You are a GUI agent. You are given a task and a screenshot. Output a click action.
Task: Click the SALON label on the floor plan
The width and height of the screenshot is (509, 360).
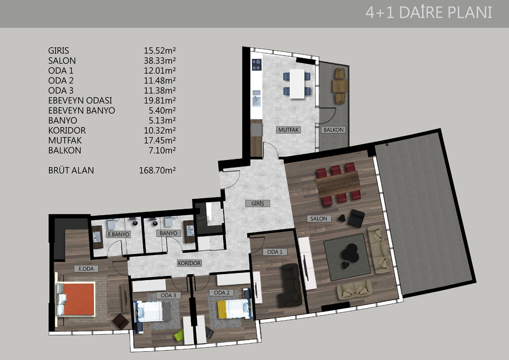(x=319, y=219)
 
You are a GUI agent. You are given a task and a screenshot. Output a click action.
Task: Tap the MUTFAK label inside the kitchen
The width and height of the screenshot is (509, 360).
(x=288, y=130)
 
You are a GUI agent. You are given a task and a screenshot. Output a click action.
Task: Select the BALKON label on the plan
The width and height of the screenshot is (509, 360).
(x=334, y=130)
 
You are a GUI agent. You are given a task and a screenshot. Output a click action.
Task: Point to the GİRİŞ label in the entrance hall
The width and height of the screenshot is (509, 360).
(x=257, y=203)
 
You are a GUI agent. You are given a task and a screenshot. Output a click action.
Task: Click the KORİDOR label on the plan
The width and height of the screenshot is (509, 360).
(x=189, y=263)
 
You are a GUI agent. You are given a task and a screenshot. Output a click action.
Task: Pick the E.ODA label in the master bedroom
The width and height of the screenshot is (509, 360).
(x=86, y=269)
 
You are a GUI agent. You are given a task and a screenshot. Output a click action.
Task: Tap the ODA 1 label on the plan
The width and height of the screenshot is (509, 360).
(x=274, y=252)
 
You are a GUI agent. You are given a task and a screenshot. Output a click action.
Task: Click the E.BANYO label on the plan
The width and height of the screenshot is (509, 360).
(x=118, y=234)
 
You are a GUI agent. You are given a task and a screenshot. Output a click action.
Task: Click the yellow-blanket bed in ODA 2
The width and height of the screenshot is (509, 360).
(x=234, y=309)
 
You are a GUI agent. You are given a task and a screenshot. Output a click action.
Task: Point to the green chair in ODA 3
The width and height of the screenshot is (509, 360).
(x=179, y=335)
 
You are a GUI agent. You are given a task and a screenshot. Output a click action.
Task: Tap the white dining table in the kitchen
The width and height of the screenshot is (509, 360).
(x=297, y=84)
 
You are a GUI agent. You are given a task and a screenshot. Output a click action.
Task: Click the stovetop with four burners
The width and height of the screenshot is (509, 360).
(x=256, y=65)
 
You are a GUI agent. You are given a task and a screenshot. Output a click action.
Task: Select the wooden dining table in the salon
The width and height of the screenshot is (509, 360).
(x=338, y=184)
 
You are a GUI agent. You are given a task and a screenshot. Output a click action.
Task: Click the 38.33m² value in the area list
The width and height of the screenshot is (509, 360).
(x=160, y=61)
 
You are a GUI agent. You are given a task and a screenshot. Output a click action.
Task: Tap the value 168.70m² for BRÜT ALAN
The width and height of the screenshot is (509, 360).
(x=158, y=171)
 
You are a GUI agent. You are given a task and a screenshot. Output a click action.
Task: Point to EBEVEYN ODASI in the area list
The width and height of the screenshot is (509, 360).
(x=80, y=100)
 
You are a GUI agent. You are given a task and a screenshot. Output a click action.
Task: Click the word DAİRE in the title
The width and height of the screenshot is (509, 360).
(x=421, y=12)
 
